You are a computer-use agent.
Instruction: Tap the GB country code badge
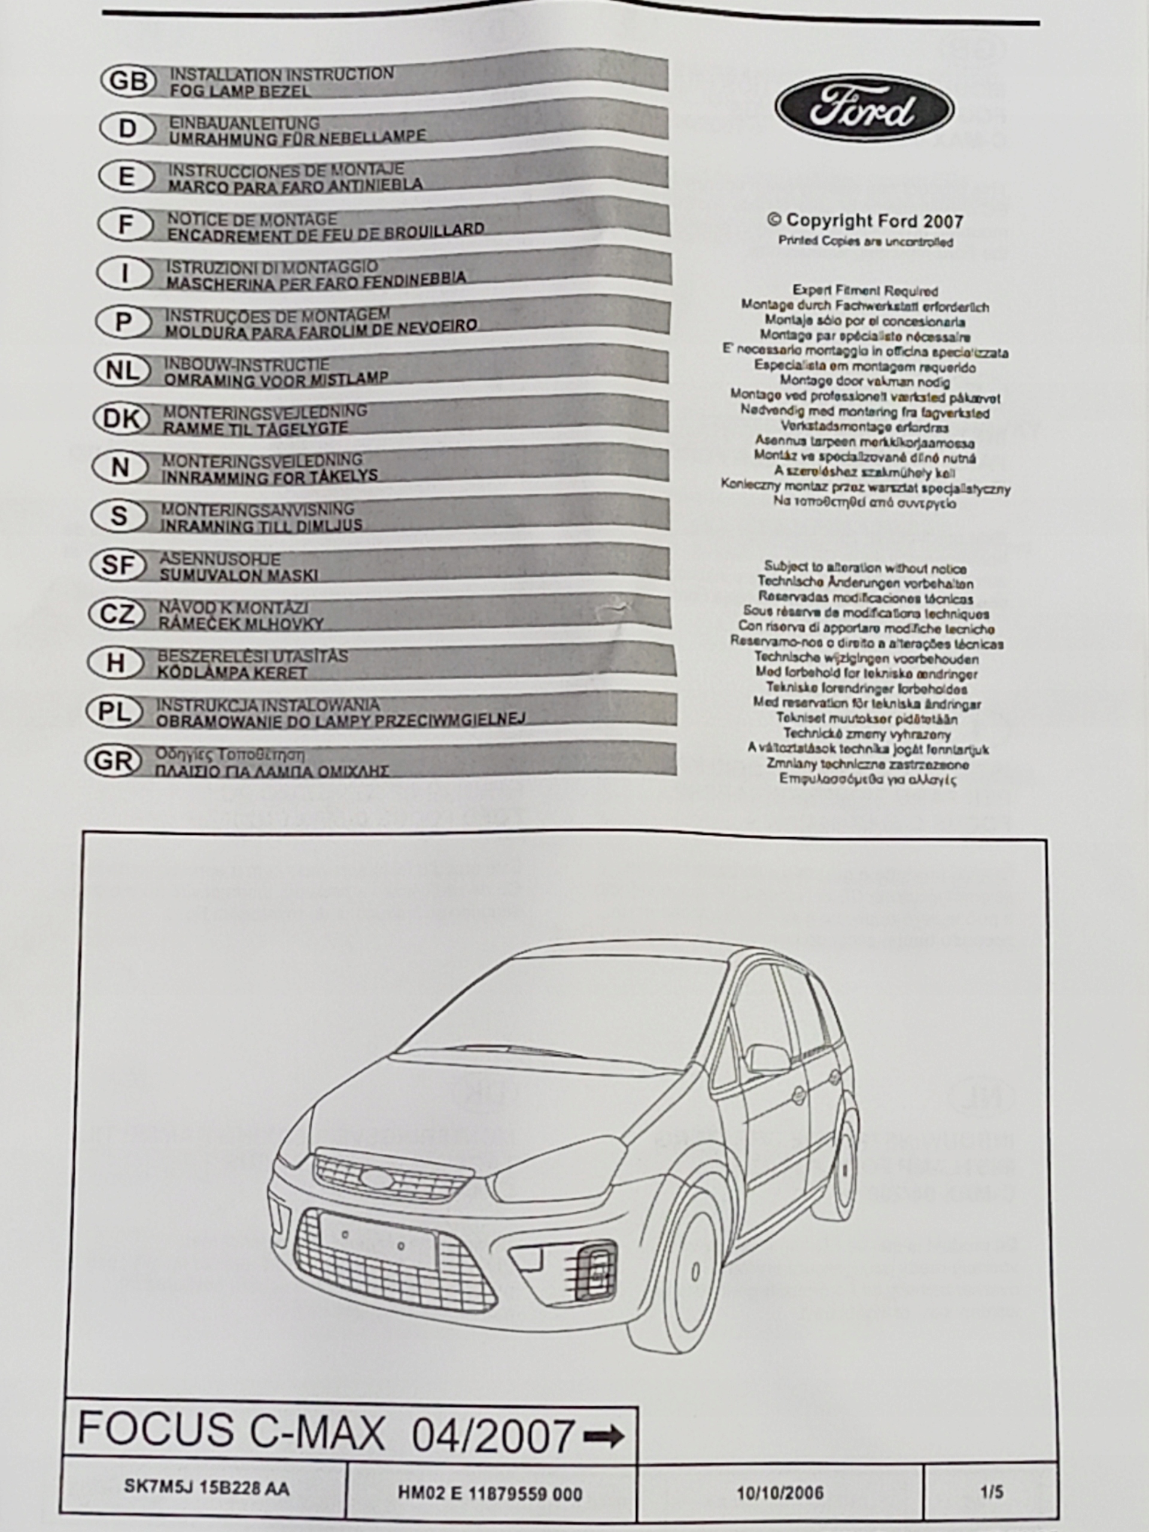coord(128,81)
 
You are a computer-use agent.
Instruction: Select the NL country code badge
coord(123,370)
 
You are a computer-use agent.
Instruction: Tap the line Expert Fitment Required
coord(865,291)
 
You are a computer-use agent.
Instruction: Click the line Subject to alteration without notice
coord(865,568)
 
